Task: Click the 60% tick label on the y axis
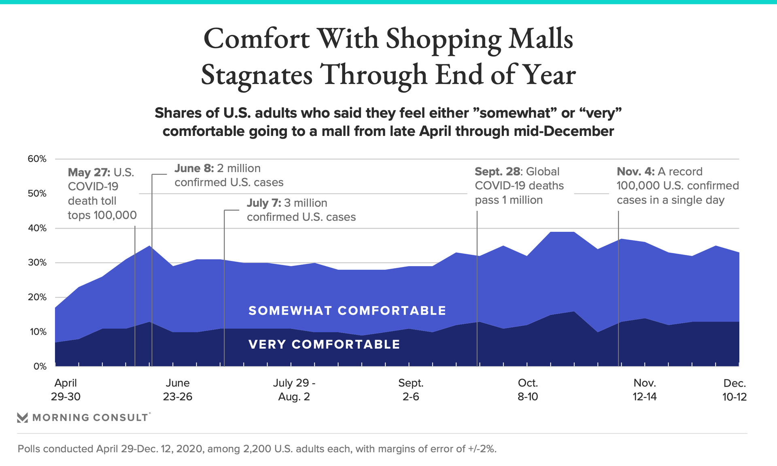point(37,159)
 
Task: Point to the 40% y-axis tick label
point(37,228)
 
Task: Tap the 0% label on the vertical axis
point(40,366)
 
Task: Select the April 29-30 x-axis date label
point(66,390)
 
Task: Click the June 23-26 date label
point(178,390)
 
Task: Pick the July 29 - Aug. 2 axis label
point(294,390)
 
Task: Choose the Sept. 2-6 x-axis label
point(411,390)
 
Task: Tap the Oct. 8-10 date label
point(528,390)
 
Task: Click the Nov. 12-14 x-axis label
point(645,390)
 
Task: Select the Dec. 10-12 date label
point(735,390)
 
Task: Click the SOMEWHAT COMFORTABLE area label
point(347,311)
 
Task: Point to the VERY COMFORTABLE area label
point(324,344)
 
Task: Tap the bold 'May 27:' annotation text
point(89,172)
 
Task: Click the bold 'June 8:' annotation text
point(194,168)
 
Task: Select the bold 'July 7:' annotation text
point(264,203)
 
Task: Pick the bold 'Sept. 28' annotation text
point(497,172)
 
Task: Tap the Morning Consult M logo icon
point(23,417)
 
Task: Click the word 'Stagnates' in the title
point(257,75)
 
